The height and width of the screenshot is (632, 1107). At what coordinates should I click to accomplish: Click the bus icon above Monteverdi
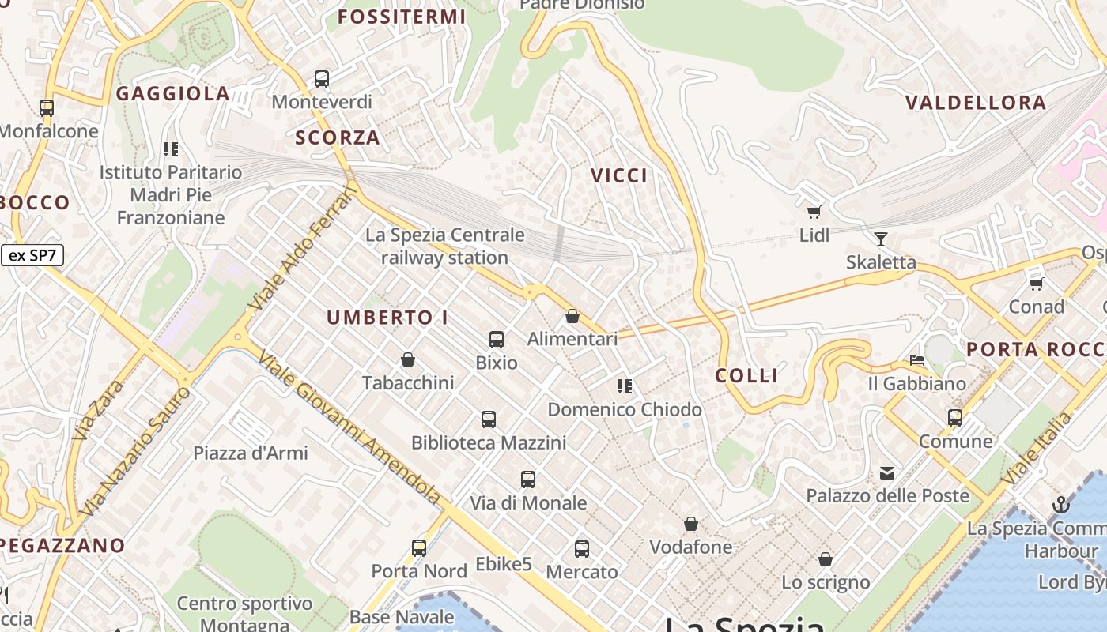pos(322,79)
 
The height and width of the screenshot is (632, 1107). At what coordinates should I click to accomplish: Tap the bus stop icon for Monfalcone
pos(47,108)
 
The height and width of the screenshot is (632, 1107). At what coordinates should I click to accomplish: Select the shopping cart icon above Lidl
pos(814,212)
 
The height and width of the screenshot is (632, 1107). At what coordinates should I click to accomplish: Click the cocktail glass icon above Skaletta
pos(880,239)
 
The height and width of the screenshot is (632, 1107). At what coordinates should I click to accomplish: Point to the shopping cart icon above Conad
pos(1036,283)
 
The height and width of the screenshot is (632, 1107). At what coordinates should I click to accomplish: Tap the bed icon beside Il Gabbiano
pos(917,360)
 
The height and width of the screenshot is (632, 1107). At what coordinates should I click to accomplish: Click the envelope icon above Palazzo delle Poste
pos(887,473)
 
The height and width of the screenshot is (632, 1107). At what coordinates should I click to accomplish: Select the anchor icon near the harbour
pos(1060,505)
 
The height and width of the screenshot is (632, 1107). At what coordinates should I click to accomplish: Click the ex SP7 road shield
pos(32,255)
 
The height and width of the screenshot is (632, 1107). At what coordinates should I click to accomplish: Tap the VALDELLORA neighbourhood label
pos(976,103)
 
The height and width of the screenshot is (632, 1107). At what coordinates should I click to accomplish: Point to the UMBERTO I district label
pos(387,318)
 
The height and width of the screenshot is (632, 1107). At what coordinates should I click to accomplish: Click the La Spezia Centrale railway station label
pos(444,246)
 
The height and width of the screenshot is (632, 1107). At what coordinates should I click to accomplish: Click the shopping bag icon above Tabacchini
pos(408,360)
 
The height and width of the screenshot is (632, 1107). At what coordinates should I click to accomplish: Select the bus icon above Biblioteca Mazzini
pos(489,419)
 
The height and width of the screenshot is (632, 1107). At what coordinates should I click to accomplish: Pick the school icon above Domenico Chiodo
pos(625,386)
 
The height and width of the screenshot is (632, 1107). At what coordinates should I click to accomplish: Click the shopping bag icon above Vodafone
pos(691,524)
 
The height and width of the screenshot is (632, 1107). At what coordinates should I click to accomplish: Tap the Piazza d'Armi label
pos(251,453)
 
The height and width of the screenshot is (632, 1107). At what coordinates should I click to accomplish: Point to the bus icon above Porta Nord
pos(419,547)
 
